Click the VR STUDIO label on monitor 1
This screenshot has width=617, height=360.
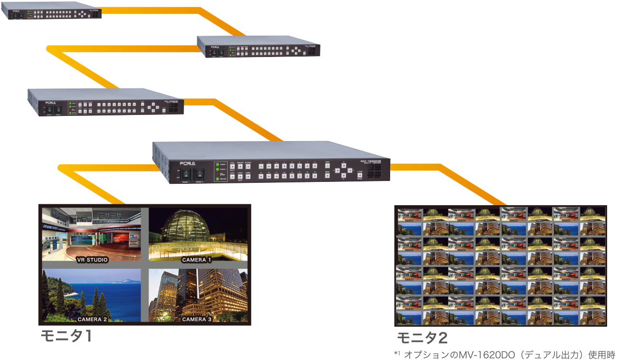point(92,260)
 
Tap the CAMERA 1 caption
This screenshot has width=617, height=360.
point(196,260)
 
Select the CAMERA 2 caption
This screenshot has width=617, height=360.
point(92,319)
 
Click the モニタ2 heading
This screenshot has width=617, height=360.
point(422,338)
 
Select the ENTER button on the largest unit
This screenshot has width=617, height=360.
point(359,175)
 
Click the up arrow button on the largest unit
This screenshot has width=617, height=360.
point(344,165)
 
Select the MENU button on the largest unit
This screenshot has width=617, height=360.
point(327,176)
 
